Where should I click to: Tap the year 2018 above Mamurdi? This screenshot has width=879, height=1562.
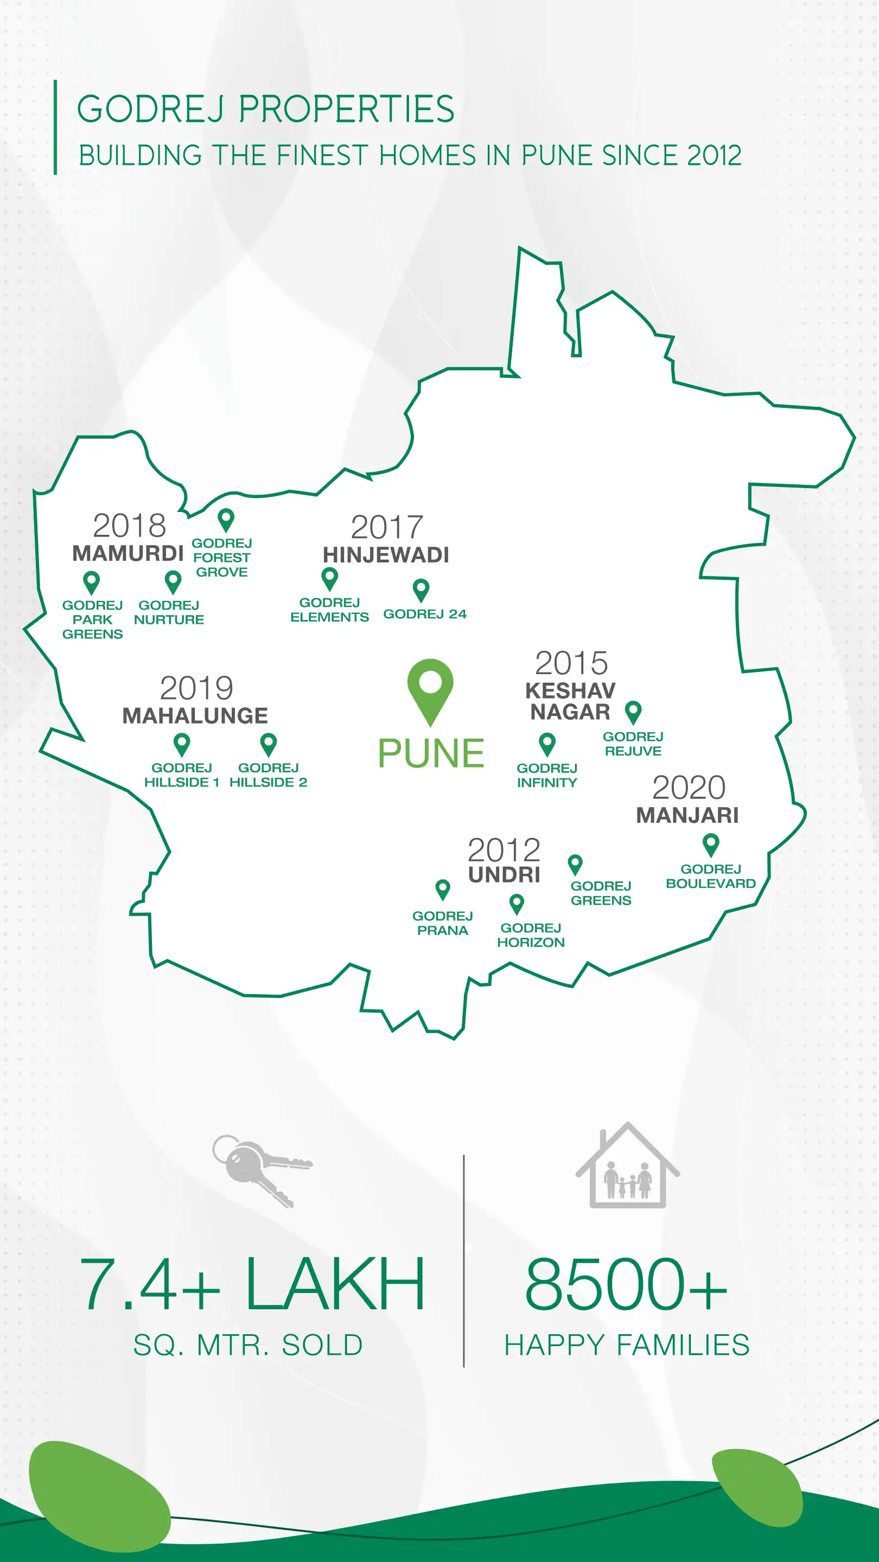(129, 526)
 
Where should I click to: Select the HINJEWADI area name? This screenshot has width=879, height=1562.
(386, 555)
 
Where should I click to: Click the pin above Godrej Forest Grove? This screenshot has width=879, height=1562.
(226, 520)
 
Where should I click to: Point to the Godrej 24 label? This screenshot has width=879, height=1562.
(425, 614)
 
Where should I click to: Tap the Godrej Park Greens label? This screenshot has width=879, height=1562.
(92, 620)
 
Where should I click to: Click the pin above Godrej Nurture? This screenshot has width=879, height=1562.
(173, 581)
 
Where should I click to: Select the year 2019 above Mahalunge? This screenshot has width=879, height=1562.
(196, 688)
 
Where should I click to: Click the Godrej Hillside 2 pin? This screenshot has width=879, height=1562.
(268, 744)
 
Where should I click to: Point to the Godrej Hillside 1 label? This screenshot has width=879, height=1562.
(181, 775)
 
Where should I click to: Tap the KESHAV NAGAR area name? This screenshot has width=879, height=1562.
(570, 701)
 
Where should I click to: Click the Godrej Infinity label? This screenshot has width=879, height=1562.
(546, 776)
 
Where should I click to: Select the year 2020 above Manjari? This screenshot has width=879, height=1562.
(689, 788)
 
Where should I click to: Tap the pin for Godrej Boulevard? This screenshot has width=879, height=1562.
(710, 844)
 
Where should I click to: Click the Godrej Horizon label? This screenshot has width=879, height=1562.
(531, 935)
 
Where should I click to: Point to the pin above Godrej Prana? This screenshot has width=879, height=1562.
(443, 889)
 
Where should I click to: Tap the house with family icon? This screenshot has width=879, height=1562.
(627, 1167)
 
